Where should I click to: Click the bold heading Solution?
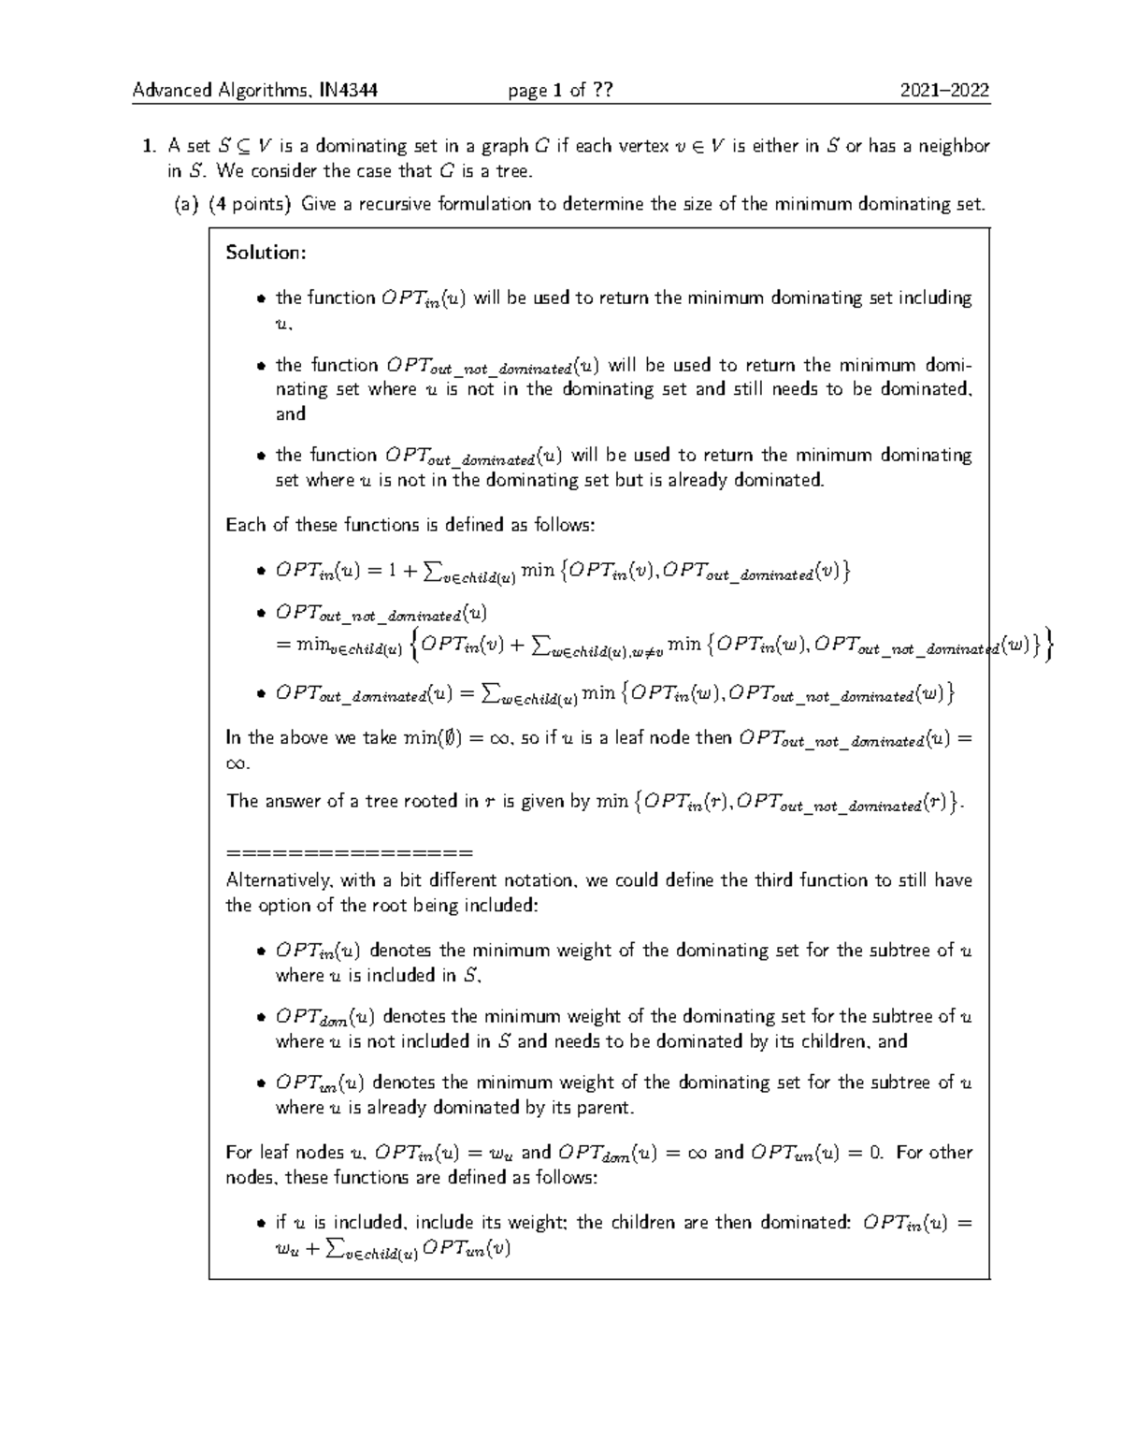[266, 253]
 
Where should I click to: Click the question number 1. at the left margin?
[147, 146]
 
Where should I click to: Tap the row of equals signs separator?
[350, 853]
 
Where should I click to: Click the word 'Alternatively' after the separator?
[278, 880]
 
